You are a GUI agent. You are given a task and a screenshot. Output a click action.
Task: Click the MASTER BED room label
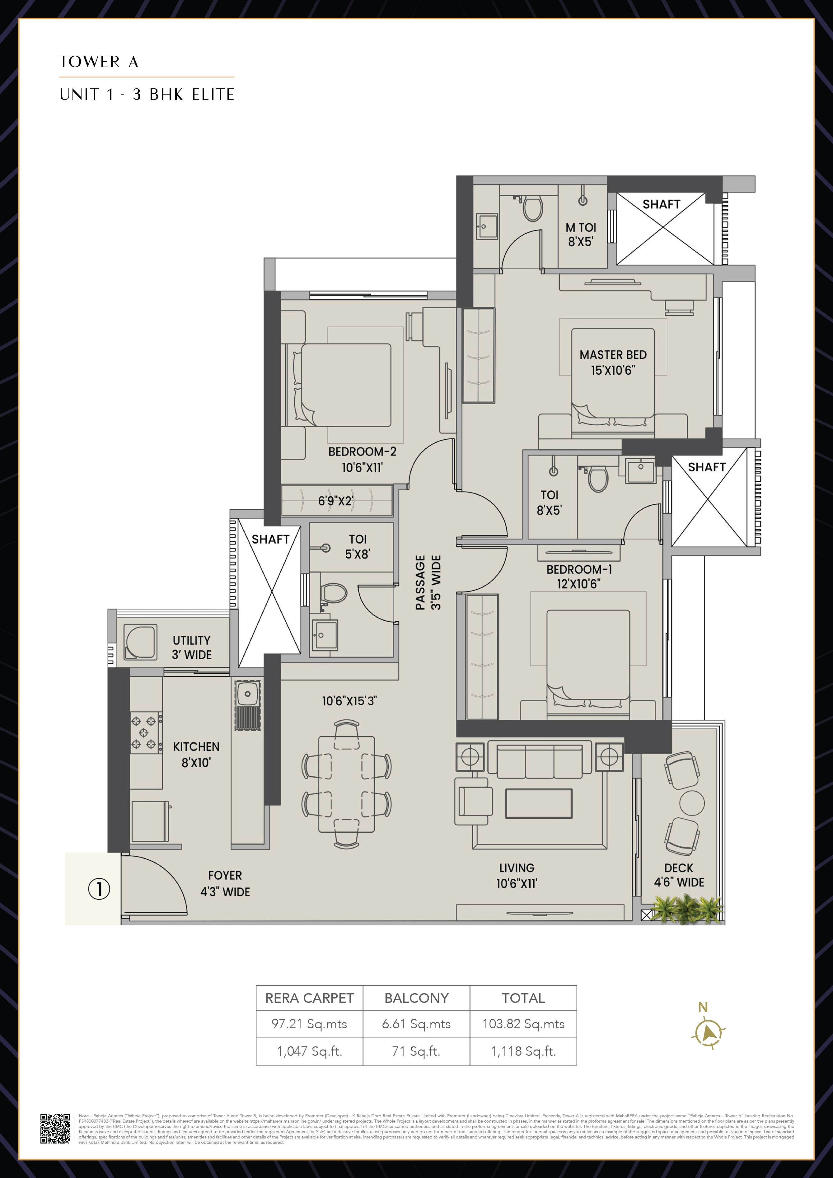(x=613, y=362)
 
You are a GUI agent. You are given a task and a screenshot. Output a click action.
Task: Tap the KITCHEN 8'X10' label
(x=196, y=754)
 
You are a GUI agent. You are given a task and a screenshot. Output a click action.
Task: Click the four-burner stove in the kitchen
(x=144, y=733)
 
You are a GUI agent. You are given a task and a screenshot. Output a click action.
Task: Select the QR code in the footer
(x=55, y=1129)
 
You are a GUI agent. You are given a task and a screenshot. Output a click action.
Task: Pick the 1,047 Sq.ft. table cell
(x=310, y=1051)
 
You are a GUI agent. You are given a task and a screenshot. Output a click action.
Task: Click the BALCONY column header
(x=416, y=998)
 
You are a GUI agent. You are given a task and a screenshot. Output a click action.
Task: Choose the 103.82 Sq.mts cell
(x=523, y=1024)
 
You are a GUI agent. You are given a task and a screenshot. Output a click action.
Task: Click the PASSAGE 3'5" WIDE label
(x=428, y=582)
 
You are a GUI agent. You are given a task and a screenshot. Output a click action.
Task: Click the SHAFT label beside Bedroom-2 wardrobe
(x=270, y=539)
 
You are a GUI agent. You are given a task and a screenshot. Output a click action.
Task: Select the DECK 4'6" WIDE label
(x=679, y=875)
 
